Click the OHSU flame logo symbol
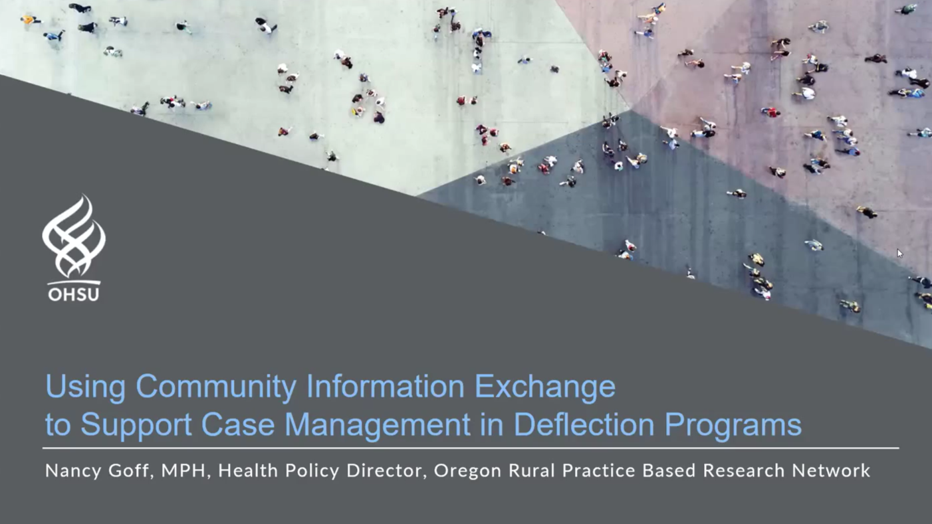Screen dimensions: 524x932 click(x=74, y=236)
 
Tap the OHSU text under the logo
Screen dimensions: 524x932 click(x=74, y=293)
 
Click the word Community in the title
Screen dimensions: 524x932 click(x=216, y=387)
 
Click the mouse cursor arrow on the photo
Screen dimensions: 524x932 click(x=899, y=253)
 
